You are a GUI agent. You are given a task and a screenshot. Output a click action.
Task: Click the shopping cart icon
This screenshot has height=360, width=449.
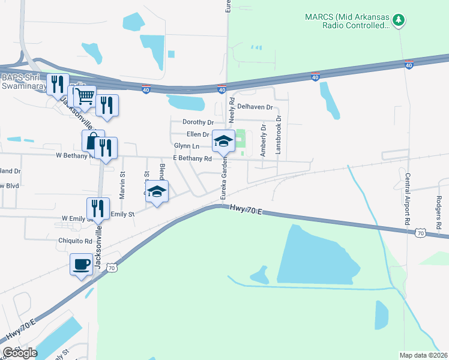point(85,96)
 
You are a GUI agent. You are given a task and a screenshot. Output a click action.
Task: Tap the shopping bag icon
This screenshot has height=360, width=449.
point(93,142)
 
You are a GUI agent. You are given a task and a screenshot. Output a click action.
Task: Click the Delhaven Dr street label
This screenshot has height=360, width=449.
point(255,107)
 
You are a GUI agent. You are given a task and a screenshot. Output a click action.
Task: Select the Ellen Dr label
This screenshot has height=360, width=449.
point(197,134)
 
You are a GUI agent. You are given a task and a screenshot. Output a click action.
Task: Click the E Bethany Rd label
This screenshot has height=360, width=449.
point(192,158)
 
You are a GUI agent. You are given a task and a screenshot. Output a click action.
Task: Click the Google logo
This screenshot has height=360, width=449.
point(20,353)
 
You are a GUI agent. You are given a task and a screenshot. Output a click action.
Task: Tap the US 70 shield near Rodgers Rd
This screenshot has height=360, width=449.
point(421,232)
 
